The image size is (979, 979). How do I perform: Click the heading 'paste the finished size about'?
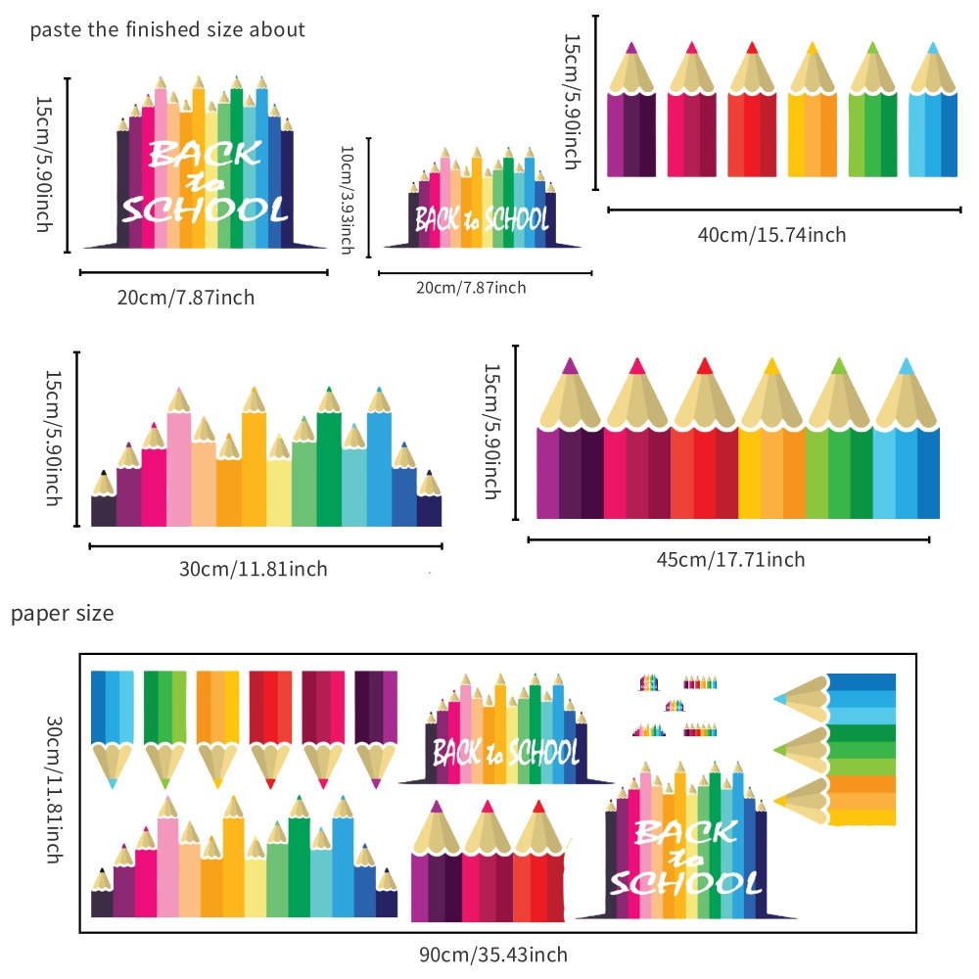[x=167, y=28]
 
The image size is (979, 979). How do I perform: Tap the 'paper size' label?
[x=63, y=615]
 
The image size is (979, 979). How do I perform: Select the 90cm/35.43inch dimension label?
[x=493, y=954]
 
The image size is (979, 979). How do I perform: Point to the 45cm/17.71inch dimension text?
[x=730, y=559]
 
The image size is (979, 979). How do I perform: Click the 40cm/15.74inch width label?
[x=771, y=234]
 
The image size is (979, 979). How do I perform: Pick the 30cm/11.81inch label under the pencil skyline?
[x=254, y=569]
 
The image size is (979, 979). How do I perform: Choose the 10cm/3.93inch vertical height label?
[x=346, y=200]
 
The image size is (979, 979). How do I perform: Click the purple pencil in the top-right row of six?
[x=630, y=113]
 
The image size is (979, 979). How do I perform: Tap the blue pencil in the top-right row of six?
[x=933, y=113]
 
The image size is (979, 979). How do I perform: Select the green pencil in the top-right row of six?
[x=872, y=113]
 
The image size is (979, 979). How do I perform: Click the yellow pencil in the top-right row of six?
[x=812, y=113]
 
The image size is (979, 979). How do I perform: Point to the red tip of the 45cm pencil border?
[x=704, y=365]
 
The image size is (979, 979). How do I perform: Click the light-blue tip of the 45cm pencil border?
[x=906, y=366]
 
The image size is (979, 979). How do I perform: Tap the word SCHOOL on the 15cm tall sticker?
[x=204, y=209]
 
